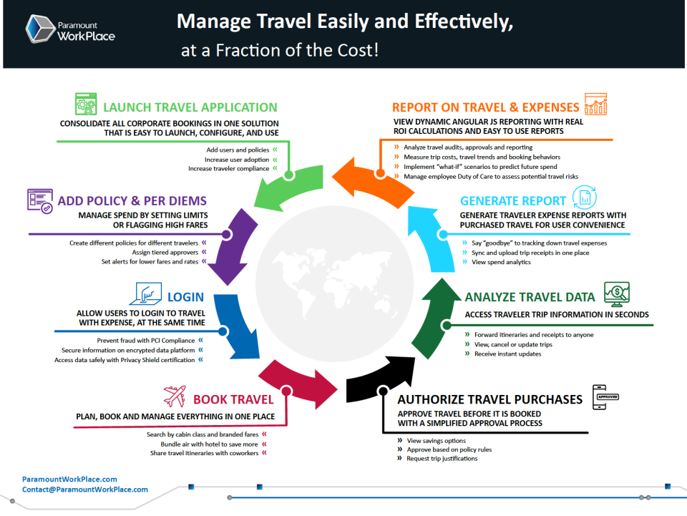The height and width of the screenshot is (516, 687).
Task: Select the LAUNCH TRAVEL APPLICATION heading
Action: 190,108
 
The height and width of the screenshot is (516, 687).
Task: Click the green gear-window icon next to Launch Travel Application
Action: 86,104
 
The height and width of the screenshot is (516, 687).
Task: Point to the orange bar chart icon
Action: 595,104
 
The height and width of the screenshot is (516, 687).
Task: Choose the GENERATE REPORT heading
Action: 507,201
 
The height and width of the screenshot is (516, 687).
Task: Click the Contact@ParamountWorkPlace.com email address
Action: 85,490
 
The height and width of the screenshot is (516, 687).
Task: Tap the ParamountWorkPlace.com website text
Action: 69,480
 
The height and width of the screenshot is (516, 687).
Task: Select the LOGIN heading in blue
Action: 185,297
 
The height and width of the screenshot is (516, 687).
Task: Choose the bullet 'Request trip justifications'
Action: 442,459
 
